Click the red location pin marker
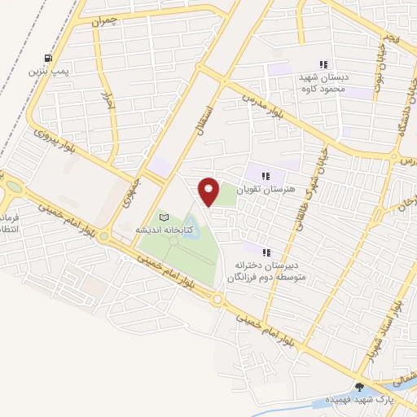(x=209, y=191)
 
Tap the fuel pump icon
(x=48, y=58)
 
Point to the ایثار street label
(x=105, y=102)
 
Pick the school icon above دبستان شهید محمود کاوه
(x=323, y=64)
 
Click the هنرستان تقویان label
(x=262, y=189)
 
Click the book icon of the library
(x=165, y=217)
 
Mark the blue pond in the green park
(x=191, y=222)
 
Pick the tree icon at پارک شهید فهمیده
(x=360, y=387)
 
